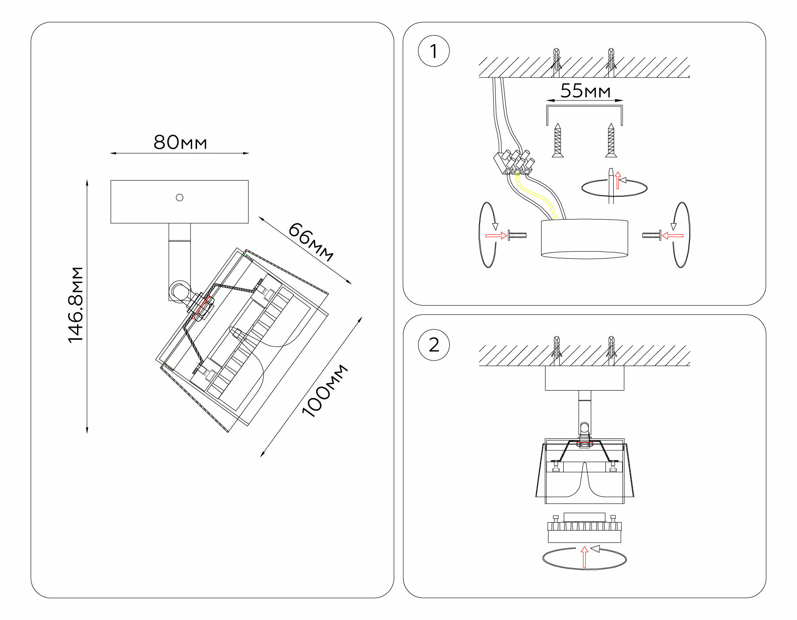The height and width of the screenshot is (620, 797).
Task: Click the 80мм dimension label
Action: coord(180,143)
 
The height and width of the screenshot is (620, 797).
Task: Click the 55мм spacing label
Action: coord(585,91)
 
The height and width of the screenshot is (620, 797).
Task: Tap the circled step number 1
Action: coord(433,51)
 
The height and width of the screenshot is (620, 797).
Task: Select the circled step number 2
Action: coord(433,345)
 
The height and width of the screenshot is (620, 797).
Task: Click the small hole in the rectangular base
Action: coord(179,198)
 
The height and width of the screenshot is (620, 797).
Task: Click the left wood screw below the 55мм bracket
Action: coord(557,140)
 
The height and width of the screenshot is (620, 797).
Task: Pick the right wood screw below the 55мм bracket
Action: coord(611,140)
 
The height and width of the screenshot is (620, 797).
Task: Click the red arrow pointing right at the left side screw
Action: coord(496,235)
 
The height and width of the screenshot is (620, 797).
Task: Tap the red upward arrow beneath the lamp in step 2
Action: coord(584,557)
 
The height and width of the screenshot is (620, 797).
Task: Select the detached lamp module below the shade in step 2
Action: coord(584,529)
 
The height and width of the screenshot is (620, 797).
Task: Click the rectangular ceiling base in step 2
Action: coord(584,378)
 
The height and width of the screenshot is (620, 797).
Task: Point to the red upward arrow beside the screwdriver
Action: coord(618,180)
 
